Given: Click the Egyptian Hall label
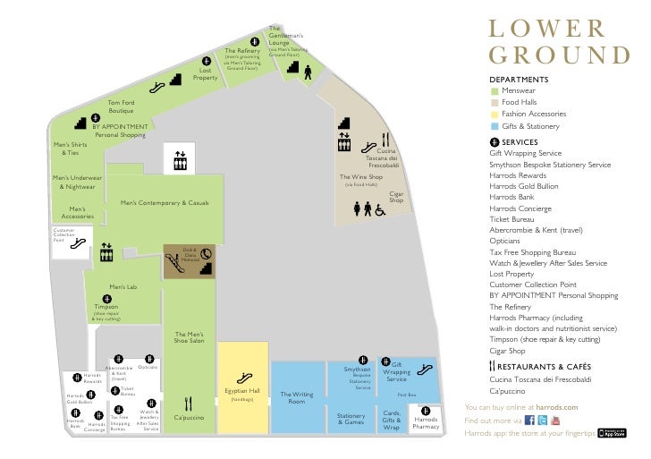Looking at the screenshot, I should [242, 390].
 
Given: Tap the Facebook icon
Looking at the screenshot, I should [529, 420].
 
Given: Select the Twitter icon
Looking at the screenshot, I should [543, 420].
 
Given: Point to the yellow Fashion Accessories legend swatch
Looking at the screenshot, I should [493, 115].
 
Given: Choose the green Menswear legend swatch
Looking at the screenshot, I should [493, 90].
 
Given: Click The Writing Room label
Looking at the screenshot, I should [296, 397].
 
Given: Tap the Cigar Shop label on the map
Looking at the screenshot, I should [396, 196].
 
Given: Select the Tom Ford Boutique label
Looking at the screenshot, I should [121, 106].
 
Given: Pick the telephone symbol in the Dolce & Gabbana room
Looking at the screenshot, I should [207, 253].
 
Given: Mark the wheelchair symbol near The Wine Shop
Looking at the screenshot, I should [379, 209].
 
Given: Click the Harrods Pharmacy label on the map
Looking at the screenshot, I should [426, 422].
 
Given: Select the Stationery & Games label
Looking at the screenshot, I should [351, 418].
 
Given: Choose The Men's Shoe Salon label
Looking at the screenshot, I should [189, 337].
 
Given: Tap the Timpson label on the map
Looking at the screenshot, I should [106, 306].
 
